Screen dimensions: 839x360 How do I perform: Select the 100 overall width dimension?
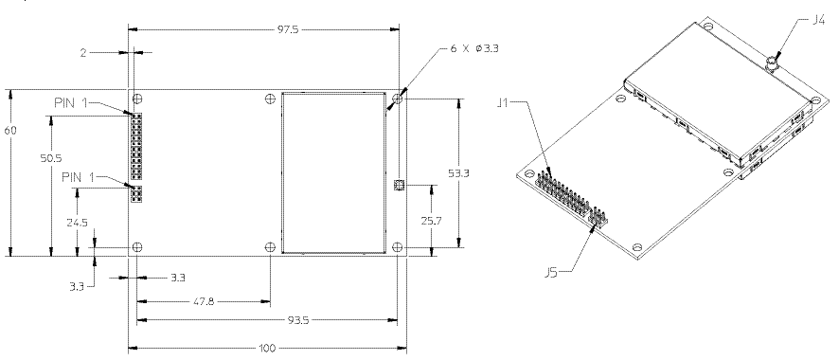click(x=267, y=349)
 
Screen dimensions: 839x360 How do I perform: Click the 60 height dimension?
click(x=10, y=131)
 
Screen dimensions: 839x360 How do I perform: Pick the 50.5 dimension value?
click(x=51, y=158)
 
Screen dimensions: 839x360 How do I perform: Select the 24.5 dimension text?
click(x=77, y=223)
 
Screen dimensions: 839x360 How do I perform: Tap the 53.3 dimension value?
click(x=458, y=173)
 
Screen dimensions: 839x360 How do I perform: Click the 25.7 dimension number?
click(x=431, y=221)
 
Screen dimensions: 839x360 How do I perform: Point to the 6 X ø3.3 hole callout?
click(x=474, y=48)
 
